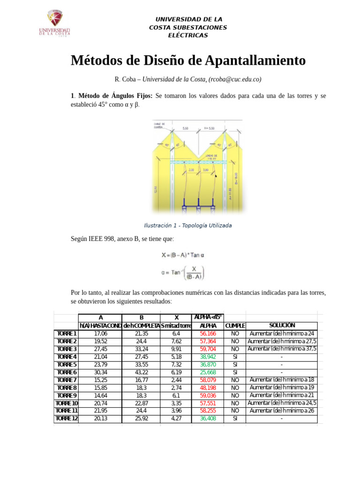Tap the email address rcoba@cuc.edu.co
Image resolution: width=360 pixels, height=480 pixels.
(x=234, y=79)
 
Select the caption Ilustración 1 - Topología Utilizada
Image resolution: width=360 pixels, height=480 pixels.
(x=187, y=225)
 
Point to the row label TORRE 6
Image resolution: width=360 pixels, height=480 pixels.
(x=66, y=372)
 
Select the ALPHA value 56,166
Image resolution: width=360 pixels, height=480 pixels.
(x=208, y=333)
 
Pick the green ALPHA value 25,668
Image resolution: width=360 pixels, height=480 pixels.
(x=208, y=372)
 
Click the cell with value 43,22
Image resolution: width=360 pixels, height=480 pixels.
(x=141, y=372)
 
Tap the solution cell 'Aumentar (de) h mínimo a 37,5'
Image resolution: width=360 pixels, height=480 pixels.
(x=282, y=349)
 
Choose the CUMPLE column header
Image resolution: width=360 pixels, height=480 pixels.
(x=235, y=326)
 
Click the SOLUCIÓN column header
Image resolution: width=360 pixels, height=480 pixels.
(x=282, y=325)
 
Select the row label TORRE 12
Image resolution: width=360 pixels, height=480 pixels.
(x=66, y=419)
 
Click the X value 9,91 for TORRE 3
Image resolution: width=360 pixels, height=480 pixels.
(x=176, y=349)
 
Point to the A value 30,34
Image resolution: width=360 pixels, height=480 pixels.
(x=100, y=372)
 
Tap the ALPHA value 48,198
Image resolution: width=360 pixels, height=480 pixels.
(x=208, y=388)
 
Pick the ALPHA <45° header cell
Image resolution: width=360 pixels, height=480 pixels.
(x=208, y=317)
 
